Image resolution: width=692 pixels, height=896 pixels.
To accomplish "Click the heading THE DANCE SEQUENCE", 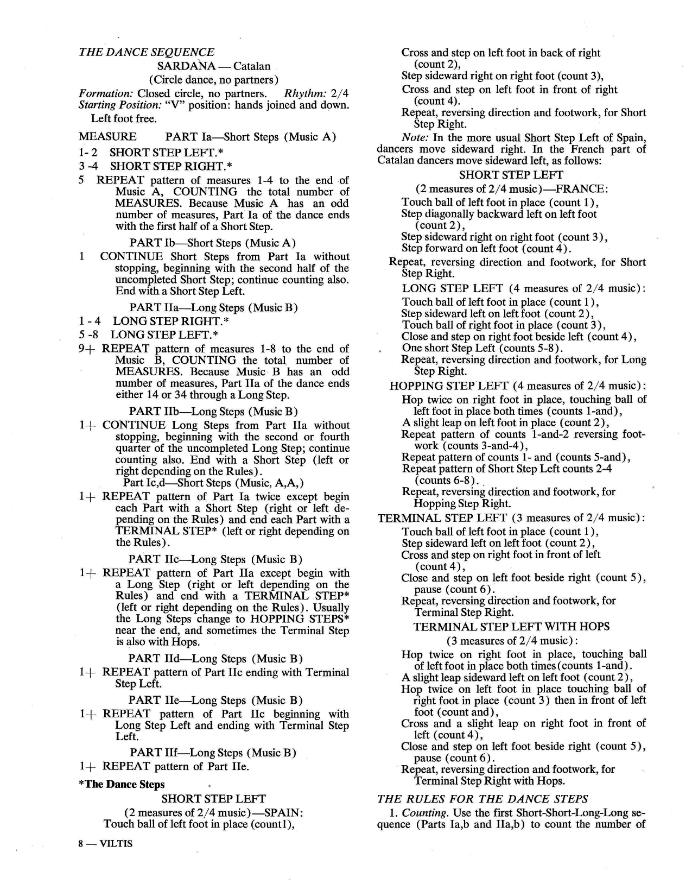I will click(146, 52).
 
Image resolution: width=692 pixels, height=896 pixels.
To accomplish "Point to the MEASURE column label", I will click(107, 136).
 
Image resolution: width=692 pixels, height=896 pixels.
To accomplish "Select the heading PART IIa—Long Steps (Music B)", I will click(213, 308).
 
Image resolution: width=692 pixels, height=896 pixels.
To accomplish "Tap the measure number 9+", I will click(87, 349).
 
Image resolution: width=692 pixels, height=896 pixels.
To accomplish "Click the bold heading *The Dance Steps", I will click(122, 784).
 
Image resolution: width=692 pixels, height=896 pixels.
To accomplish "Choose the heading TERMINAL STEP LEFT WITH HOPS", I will click(511, 627).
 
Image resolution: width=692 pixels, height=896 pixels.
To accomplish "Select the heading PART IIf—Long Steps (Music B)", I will click(213, 753).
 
